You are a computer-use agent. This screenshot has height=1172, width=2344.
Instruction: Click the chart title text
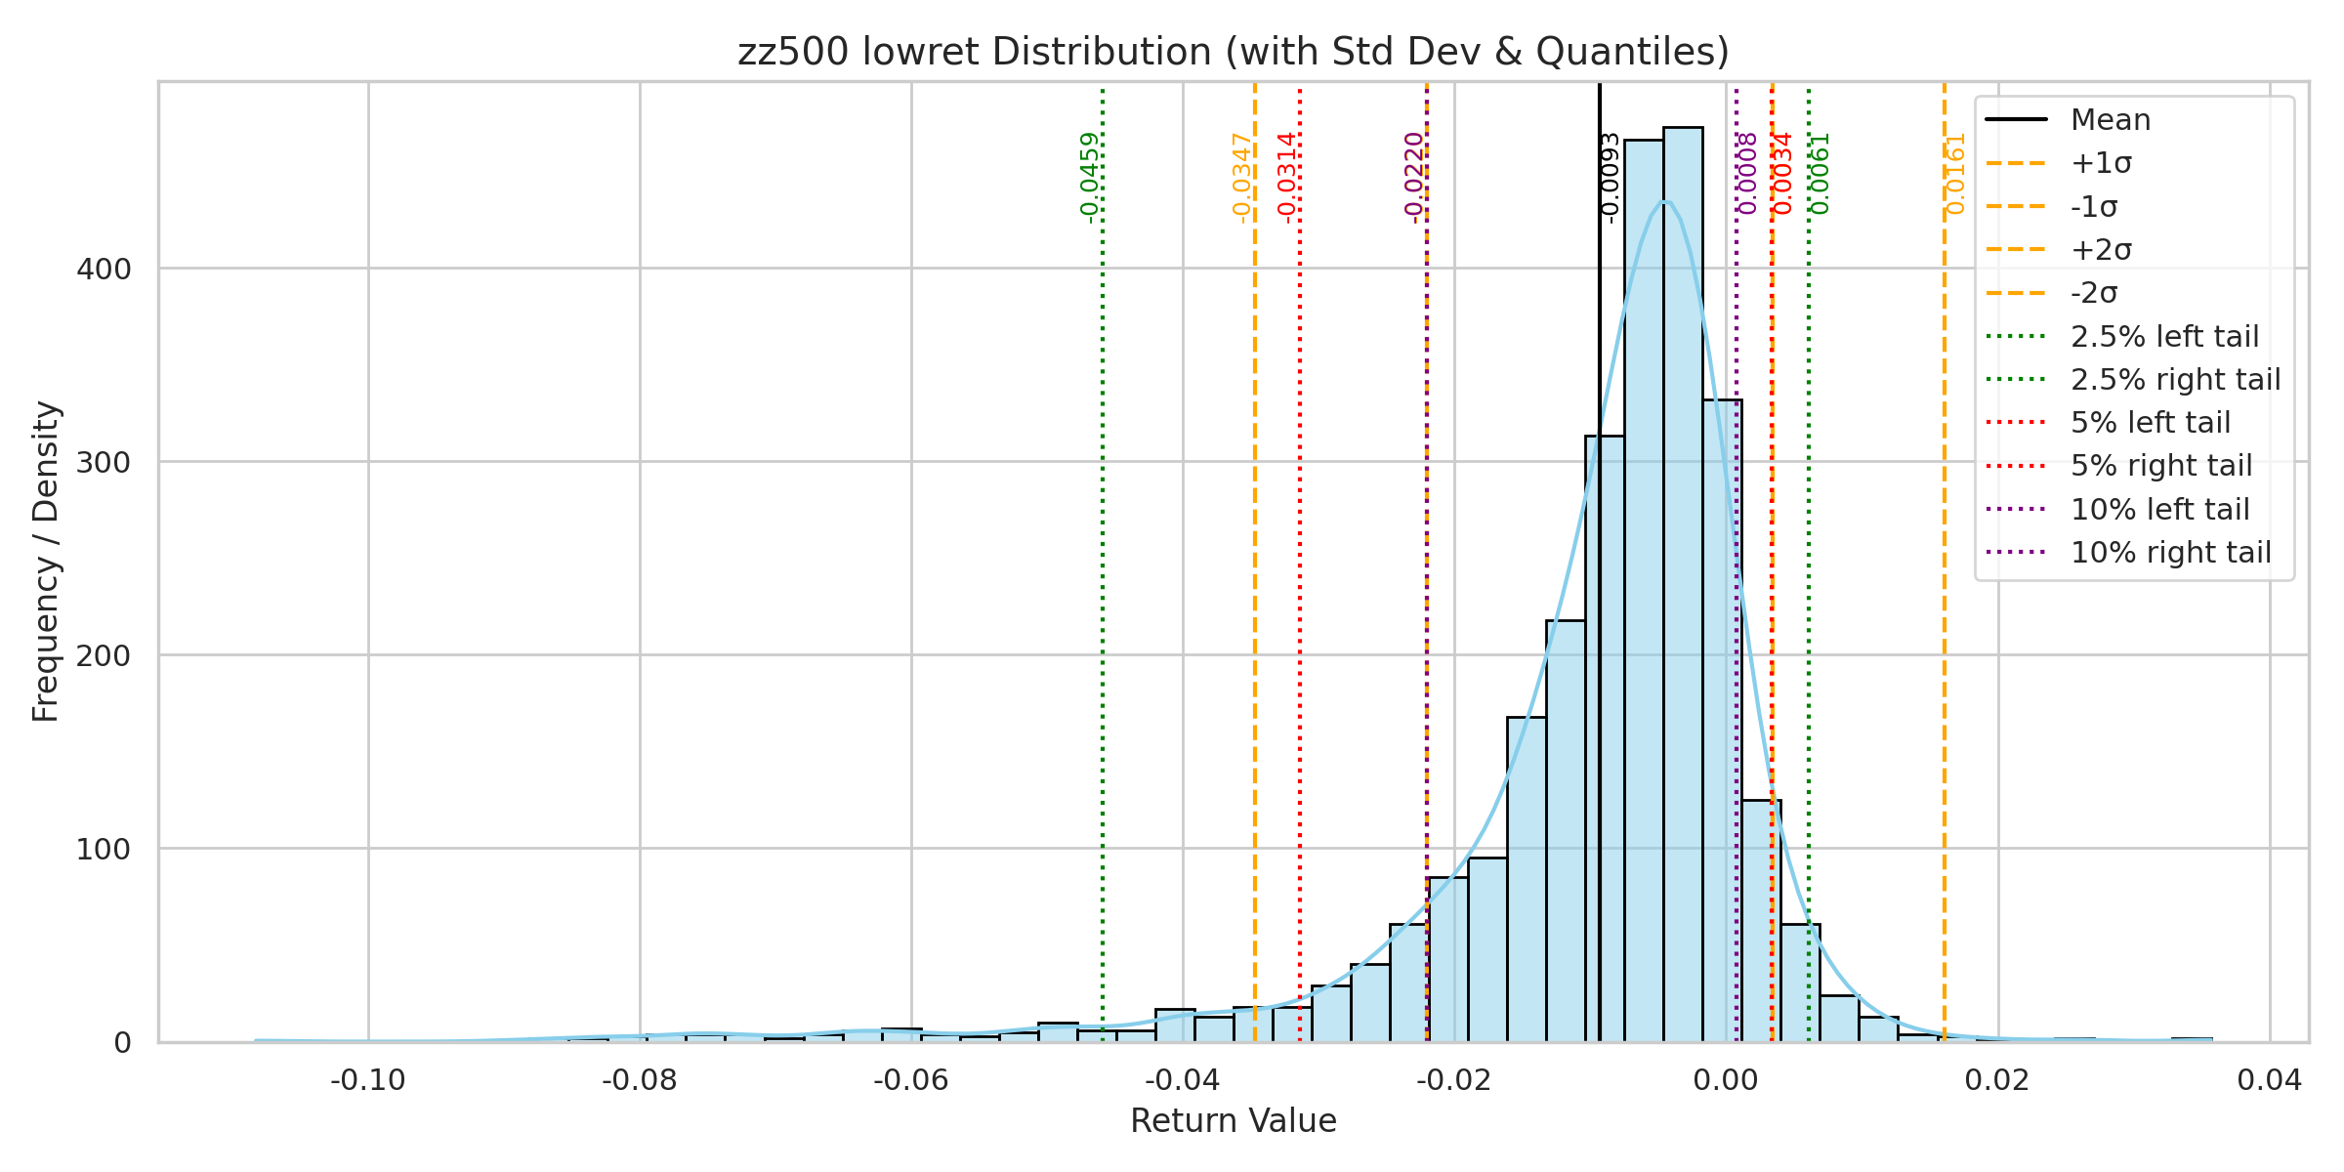[x=1233, y=52]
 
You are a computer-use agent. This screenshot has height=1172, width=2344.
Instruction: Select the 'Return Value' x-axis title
[x=1233, y=1121]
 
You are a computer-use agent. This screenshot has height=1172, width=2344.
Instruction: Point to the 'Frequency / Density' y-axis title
[x=46, y=562]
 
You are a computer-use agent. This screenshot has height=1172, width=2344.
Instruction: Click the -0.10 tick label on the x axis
[x=368, y=1080]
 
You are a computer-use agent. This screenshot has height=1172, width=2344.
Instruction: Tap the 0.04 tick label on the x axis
[x=2269, y=1080]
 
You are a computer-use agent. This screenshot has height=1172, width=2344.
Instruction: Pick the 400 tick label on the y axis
[x=104, y=270]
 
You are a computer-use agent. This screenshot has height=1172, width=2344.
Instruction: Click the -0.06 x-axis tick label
[x=911, y=1080]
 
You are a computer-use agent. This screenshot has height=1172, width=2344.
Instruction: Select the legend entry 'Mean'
[x=2110, y=120]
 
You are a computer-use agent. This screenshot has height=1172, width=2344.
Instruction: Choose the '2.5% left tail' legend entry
[x=2164, y=337]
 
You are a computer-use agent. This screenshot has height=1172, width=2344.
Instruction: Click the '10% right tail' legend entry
[x=2170, y=553]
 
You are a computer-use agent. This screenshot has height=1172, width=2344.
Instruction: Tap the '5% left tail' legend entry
[x=2151, y=423]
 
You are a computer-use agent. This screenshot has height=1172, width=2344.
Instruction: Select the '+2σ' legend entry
[x=2101, y=250]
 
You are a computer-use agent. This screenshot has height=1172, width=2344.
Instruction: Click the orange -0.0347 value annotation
[x=1241, y=178]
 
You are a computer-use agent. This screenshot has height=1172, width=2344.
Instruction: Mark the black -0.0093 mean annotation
[x=1611, y=178]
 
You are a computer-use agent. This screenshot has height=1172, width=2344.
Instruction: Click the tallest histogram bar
[x=1683, y=586]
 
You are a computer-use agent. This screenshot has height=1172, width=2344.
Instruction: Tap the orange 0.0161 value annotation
[x=1955, y=174]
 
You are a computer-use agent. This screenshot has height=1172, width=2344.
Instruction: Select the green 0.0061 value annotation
[x=1820, y=174]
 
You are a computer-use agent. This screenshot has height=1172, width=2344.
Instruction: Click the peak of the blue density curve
[x=1666, y=202]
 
